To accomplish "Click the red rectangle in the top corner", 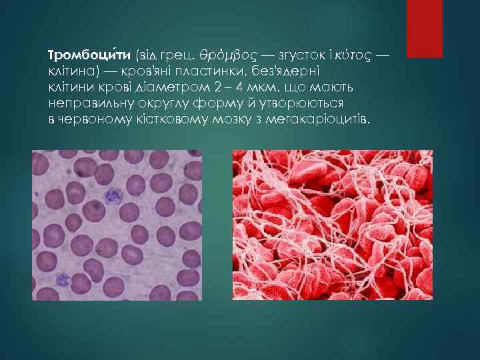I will point(425,29).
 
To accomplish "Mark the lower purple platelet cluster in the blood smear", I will point(64,279).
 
